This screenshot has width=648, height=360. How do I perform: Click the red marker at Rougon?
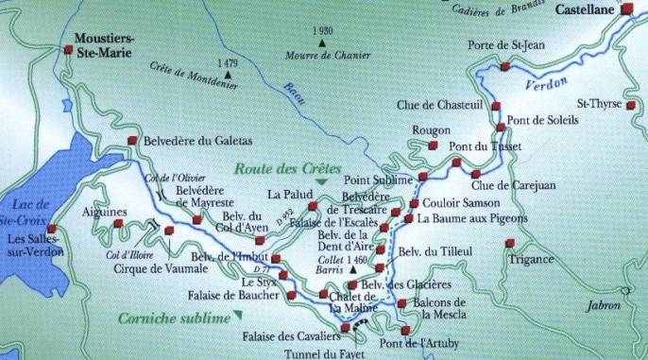tap(433, 146)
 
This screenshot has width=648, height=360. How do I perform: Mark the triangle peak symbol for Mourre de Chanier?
tap(322, 43)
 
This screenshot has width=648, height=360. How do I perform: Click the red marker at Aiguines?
tap(119, 224)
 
